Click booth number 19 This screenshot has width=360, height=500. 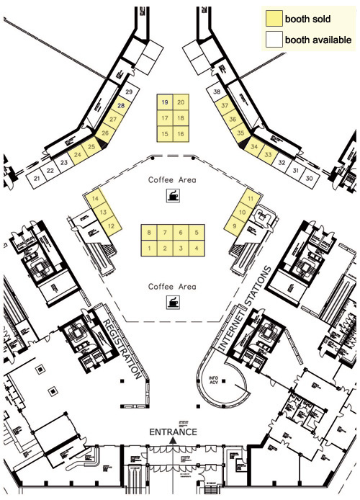point(165,102)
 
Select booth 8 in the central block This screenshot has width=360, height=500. point(149,233)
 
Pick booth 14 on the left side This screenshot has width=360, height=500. point(95,199)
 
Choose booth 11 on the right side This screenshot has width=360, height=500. point(250,198)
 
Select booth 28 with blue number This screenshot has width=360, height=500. point(122,106)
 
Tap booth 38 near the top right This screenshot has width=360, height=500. point(217,92)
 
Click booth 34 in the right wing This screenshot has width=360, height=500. point(253,146)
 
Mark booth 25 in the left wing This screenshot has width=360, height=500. point(91,147)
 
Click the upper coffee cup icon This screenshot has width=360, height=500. point(173,195)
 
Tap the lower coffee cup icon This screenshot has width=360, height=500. point(173,300)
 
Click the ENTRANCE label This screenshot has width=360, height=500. point(173,432)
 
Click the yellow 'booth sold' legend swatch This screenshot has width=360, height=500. point(274,19)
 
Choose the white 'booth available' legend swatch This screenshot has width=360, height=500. point(274,40)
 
